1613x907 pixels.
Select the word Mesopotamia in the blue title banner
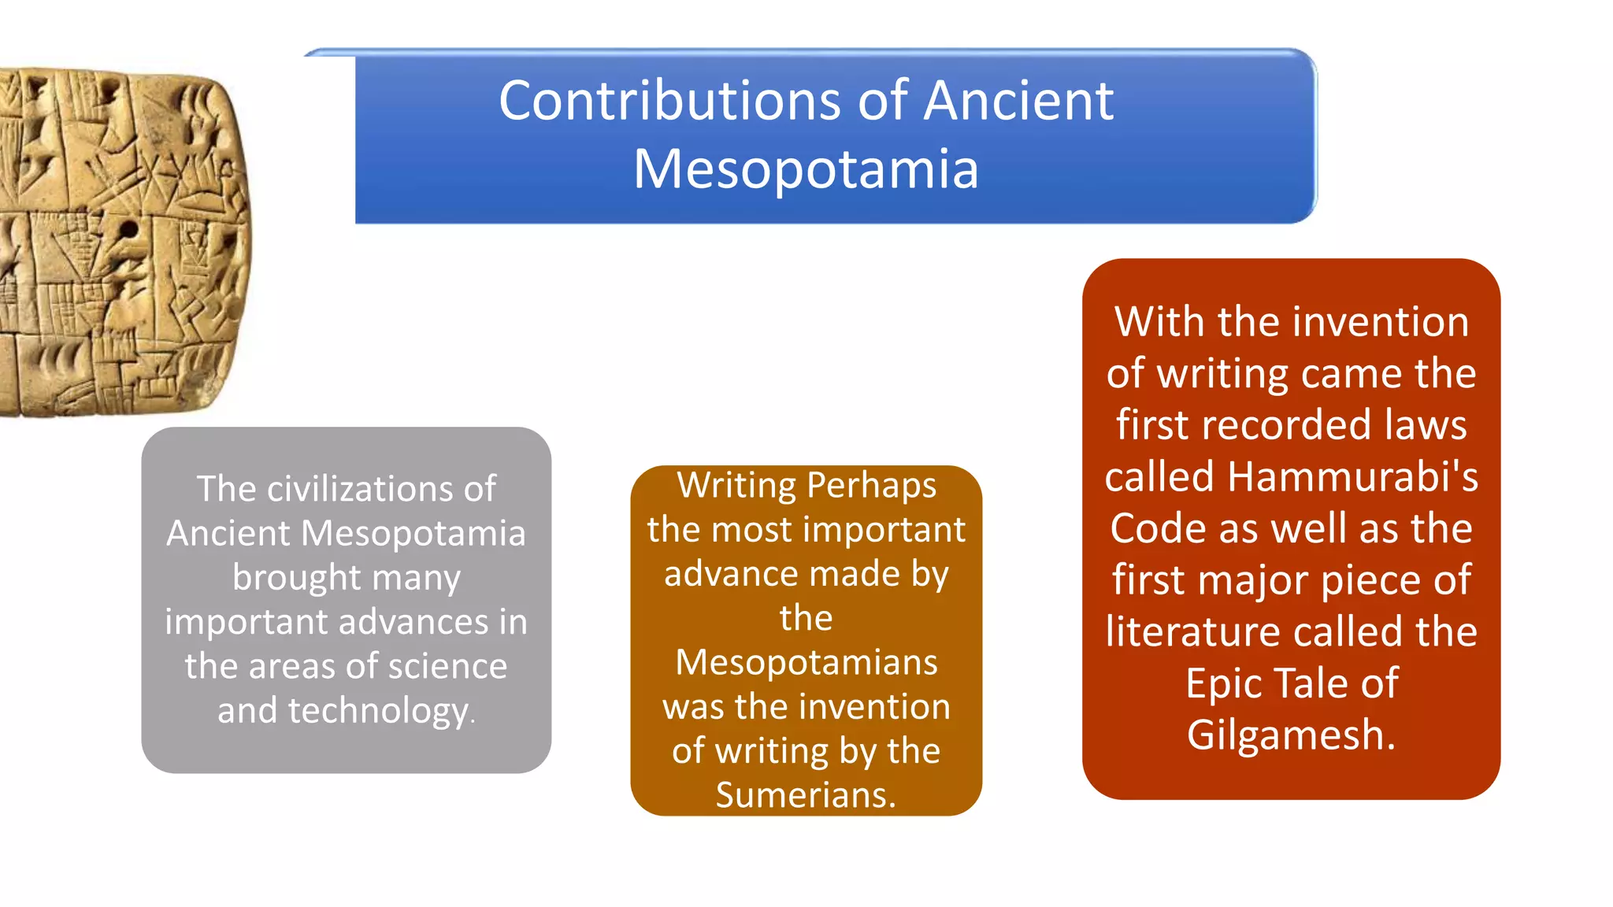(806, 169)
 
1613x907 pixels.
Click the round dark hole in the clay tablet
(128, 230)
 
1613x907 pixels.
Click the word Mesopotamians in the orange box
(806, 662)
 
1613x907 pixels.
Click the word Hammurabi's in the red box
(1352, 477)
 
